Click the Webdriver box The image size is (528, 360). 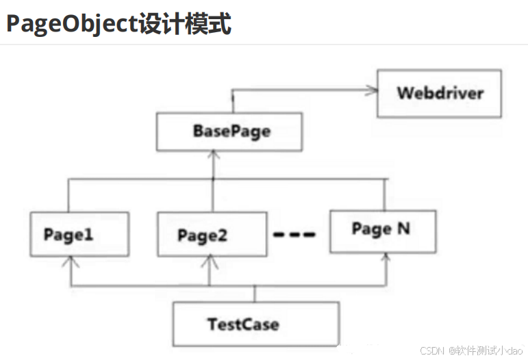pos(439,93)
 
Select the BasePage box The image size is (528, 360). pos(229,131)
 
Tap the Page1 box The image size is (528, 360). pos(79,234)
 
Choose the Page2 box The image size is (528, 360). pos(212,235)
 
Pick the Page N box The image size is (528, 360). pos(382,230)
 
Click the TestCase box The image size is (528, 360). pos(255,323)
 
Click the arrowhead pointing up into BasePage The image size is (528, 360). pos(215,155)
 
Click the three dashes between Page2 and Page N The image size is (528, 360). pos(294,235)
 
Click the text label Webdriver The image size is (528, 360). pos(440,93)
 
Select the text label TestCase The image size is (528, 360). pos(243,323)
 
